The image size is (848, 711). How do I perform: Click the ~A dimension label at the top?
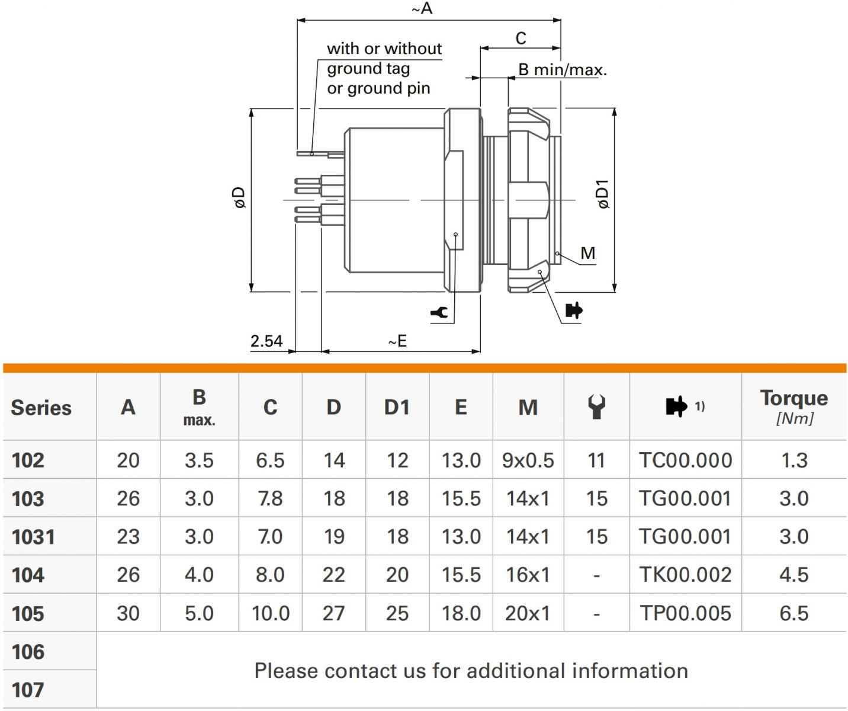click(422, 8)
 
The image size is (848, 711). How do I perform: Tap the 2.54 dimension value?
click(266, 341)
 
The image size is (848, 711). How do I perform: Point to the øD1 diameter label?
click(603, 194)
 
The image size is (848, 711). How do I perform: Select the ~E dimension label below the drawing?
click(397, 341)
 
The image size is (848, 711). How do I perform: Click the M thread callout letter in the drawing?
click(587, 253)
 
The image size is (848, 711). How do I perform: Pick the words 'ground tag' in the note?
click(368, 69)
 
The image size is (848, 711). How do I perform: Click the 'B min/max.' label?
click(563, 70)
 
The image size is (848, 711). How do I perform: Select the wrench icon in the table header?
click(596, 406)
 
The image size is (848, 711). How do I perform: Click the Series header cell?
click(41, 408)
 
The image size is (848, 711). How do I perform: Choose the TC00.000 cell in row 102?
click(685, 460)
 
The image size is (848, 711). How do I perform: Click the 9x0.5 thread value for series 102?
click(528, 460)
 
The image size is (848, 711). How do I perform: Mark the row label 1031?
click(33, 537)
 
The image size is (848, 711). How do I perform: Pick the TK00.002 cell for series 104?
click(685, 575)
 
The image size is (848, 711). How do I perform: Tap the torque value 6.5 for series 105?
click(794, 613)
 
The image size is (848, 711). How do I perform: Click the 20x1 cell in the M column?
click(528, 613)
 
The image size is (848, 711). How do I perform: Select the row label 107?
click(28, 690)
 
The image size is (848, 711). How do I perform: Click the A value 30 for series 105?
click(128, 613)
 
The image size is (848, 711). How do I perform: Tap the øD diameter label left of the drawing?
click(240, 197)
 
